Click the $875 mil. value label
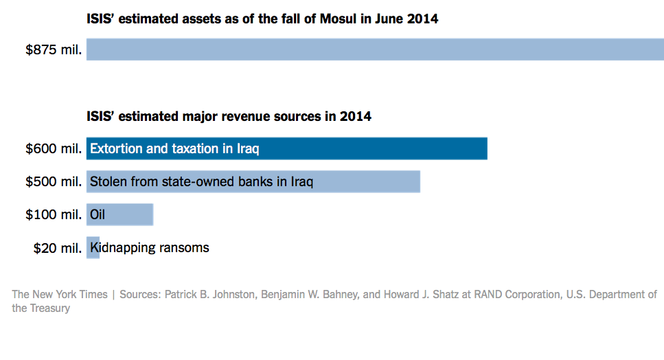tap(54, 50)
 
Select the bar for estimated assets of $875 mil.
tap(375, 50)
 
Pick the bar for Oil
tap(130, 215)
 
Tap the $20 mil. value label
tap(58, 248)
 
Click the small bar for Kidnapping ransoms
tap(93, 248)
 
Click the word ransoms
tap(184, 247)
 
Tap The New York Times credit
tap(60, 295)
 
